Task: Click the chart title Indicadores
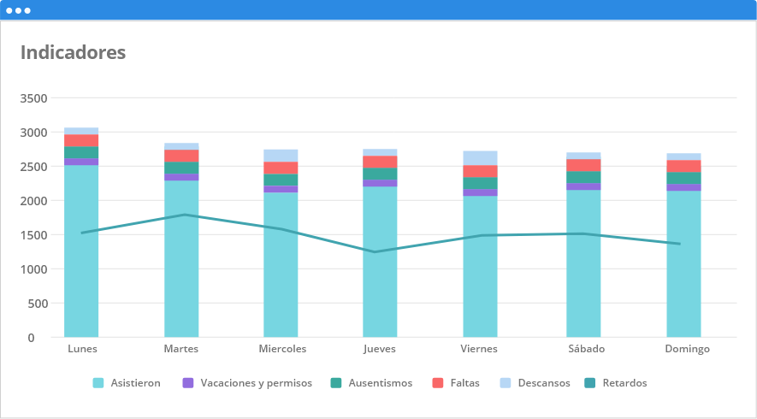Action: [73, 52]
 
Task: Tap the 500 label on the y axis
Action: [36, 304]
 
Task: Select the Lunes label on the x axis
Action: [82, 349]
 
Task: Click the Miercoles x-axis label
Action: [282, 349]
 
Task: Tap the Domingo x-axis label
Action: [687, 349]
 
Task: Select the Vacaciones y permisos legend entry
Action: [247, 383]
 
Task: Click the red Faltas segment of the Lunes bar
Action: [81, 140]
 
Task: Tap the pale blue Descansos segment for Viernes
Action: [480, 158]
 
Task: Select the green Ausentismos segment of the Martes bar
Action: [181, 168]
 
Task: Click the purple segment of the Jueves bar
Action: [380, 183]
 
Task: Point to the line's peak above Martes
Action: [181, 215]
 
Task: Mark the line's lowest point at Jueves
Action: [375, 251]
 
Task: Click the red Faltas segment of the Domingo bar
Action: [683, 166]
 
